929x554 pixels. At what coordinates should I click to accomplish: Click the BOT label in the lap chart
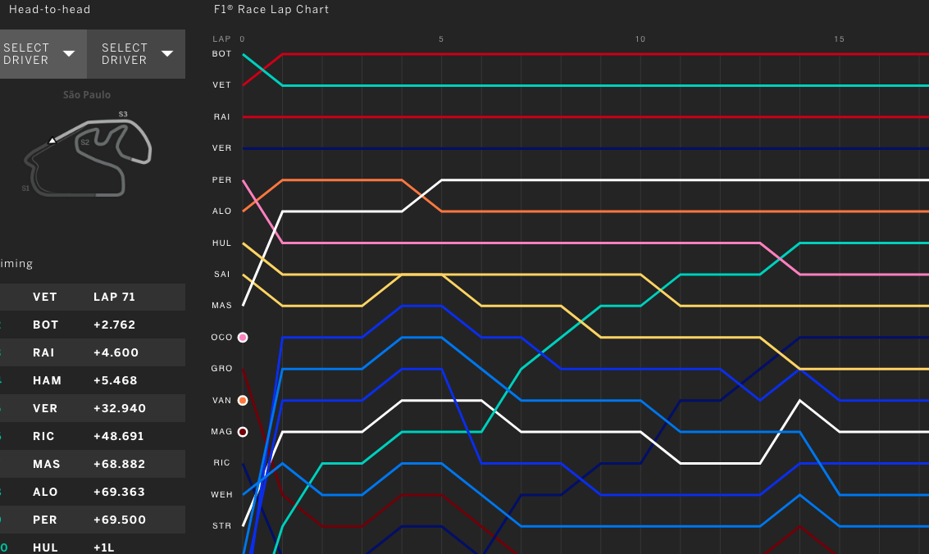point(221,53)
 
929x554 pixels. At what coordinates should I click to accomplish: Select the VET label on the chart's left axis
point(221,85)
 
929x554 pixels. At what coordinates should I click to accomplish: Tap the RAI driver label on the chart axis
point(221,117)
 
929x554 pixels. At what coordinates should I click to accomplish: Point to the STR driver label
point(221,525)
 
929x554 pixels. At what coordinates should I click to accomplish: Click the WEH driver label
point(221,494)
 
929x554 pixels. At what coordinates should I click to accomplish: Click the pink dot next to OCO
point(243,337)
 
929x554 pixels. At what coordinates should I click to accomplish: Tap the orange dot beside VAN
point(243,401)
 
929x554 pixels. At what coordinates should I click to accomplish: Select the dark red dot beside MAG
point(243,432)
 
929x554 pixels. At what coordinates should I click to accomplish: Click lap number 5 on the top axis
point(441,39)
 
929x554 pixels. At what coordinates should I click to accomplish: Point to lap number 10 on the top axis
point(640,39)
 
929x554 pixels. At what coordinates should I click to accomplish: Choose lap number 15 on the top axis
point(839,39)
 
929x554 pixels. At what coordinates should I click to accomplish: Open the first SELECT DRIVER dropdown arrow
point(70,53)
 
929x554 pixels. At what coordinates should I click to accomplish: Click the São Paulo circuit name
point(87,95)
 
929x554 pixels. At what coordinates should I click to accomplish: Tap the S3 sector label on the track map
point(123,114)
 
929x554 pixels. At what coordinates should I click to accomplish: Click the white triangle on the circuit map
point(52,140)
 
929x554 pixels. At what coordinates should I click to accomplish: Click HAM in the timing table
point(45,380)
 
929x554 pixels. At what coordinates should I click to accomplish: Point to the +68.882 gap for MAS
point(119,464)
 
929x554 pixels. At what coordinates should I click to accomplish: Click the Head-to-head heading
point(49,10)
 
